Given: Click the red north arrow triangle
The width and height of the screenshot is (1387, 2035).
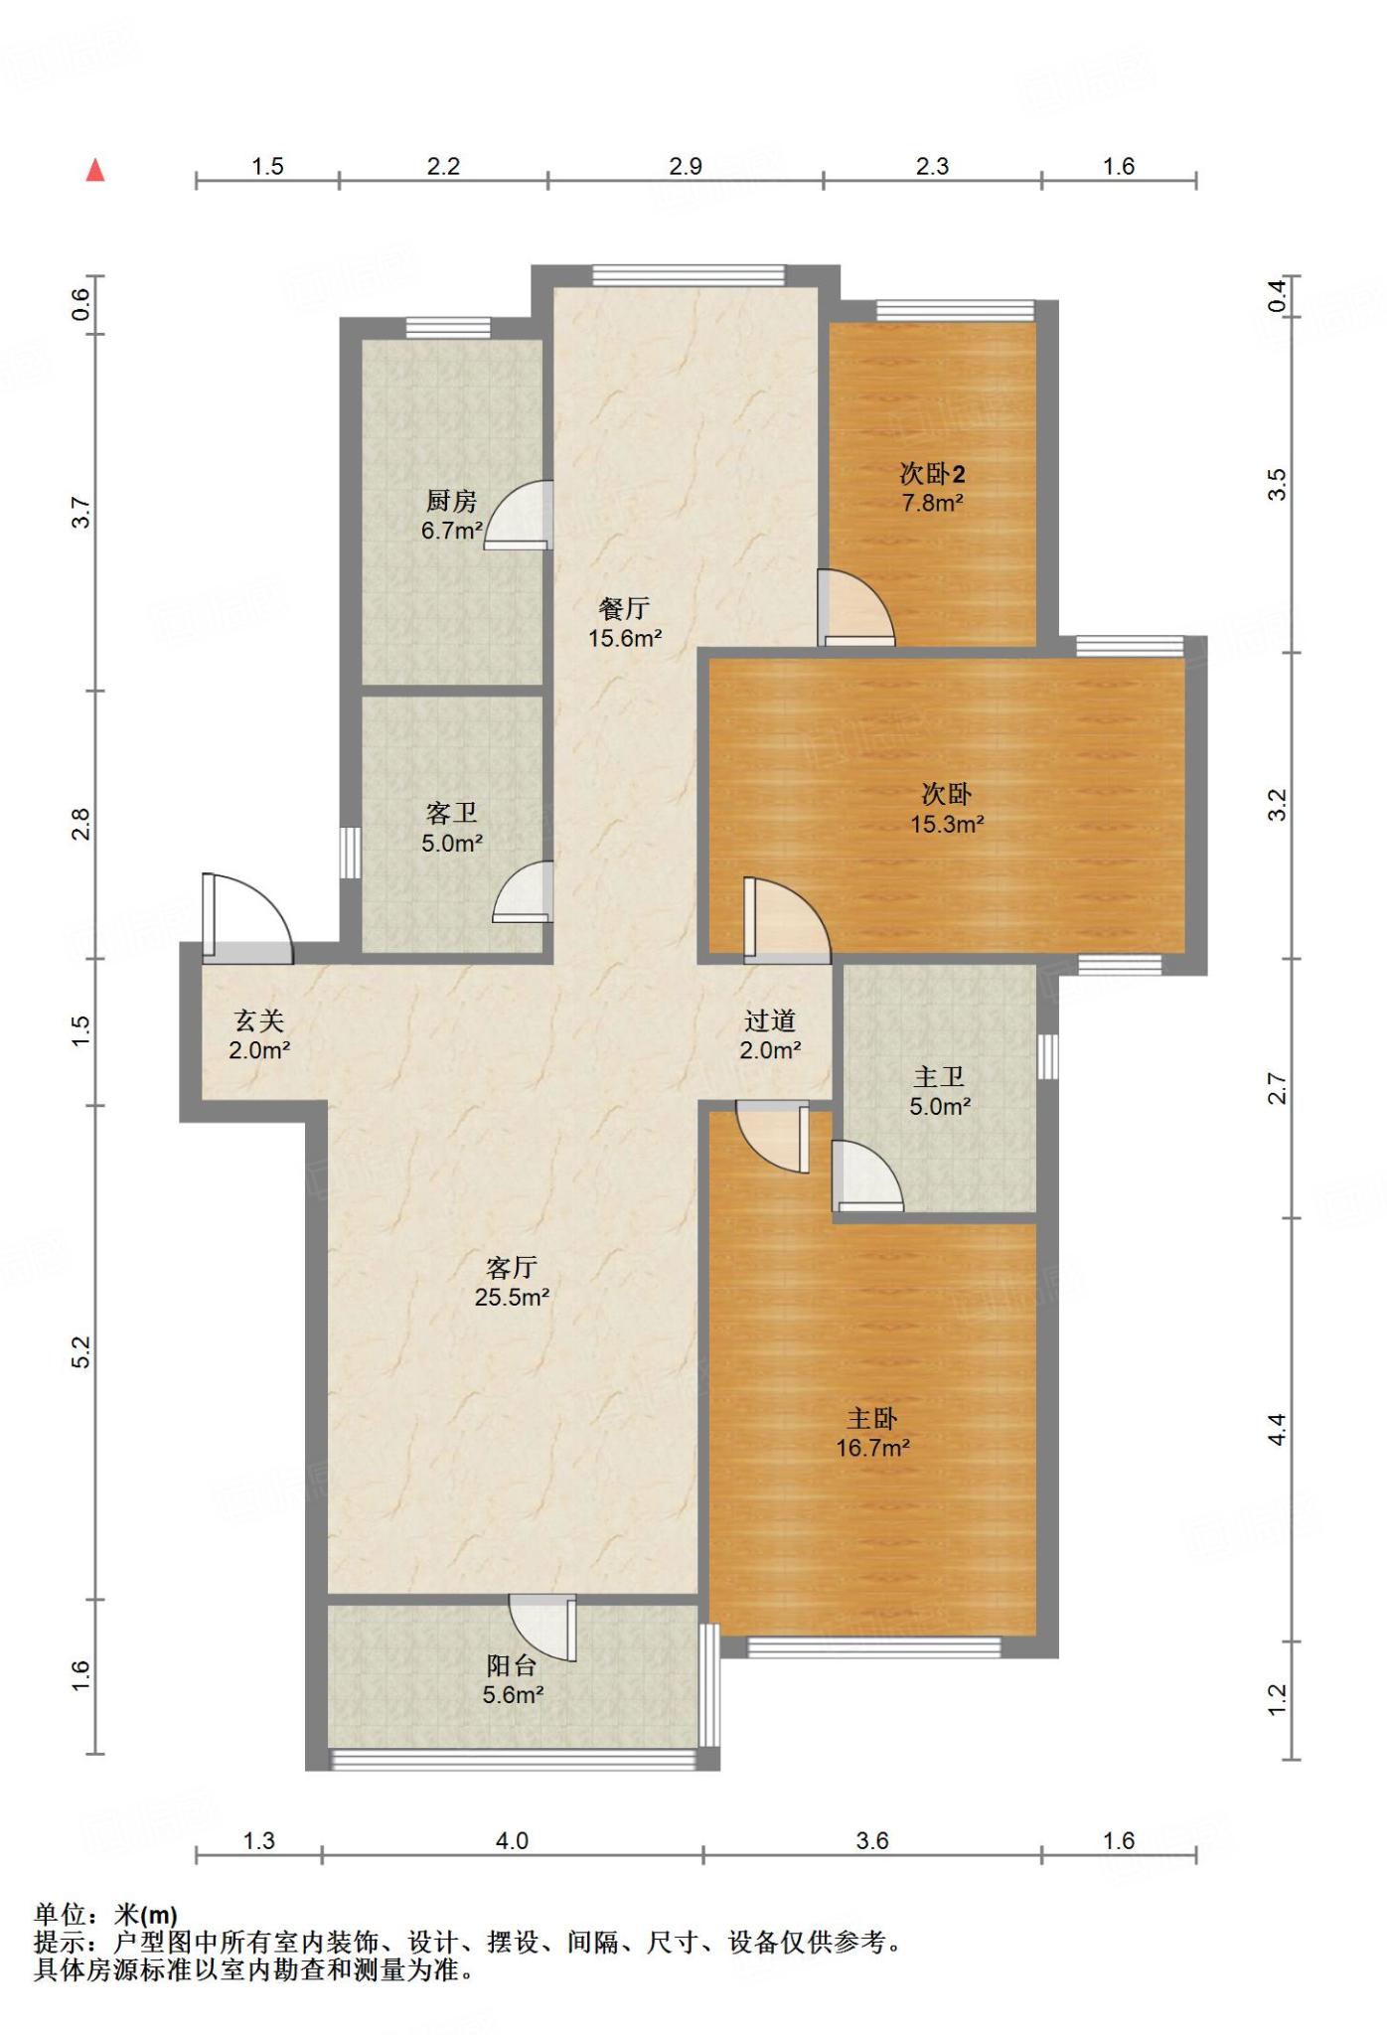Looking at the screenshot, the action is coord(95,170).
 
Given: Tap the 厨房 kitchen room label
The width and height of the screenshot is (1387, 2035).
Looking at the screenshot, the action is coord(452,501).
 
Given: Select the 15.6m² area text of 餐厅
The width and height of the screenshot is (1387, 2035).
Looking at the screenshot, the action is coord(625,638).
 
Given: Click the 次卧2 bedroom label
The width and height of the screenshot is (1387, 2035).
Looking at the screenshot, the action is coord(932,473).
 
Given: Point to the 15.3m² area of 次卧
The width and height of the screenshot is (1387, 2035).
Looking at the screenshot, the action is coord(947,824).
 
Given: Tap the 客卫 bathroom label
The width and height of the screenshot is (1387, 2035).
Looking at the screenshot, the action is coord(452,813).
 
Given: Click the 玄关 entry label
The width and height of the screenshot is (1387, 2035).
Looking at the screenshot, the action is coord(259,1020).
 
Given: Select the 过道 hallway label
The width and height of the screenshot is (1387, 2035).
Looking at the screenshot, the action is coord(770,1020).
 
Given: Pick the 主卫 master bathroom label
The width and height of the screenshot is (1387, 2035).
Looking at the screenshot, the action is coord(939,1077).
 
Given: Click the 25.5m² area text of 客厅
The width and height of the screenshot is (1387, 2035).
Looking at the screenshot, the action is coord(513,1297).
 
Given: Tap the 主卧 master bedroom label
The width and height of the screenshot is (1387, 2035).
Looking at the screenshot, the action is coord(872,1419).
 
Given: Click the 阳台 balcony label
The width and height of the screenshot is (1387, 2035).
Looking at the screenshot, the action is coord(512,1665).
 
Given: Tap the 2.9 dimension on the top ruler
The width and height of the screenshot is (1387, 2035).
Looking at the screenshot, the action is coord(686,166).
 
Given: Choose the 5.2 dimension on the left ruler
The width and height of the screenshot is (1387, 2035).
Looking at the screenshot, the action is coord(80,1352).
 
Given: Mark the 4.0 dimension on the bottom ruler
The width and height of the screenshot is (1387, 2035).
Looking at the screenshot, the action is coord(512,1840).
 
